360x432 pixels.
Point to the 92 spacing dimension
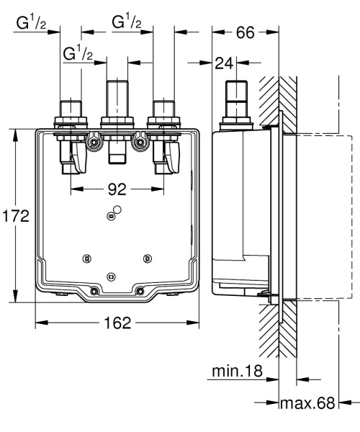click(x=117, y=189)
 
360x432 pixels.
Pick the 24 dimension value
click(x=223, y=64)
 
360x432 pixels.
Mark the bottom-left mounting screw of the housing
click(x=94, y=291)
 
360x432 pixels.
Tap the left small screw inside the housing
click(x=87, y=258)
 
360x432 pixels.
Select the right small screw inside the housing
click(x=147, y=258)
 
